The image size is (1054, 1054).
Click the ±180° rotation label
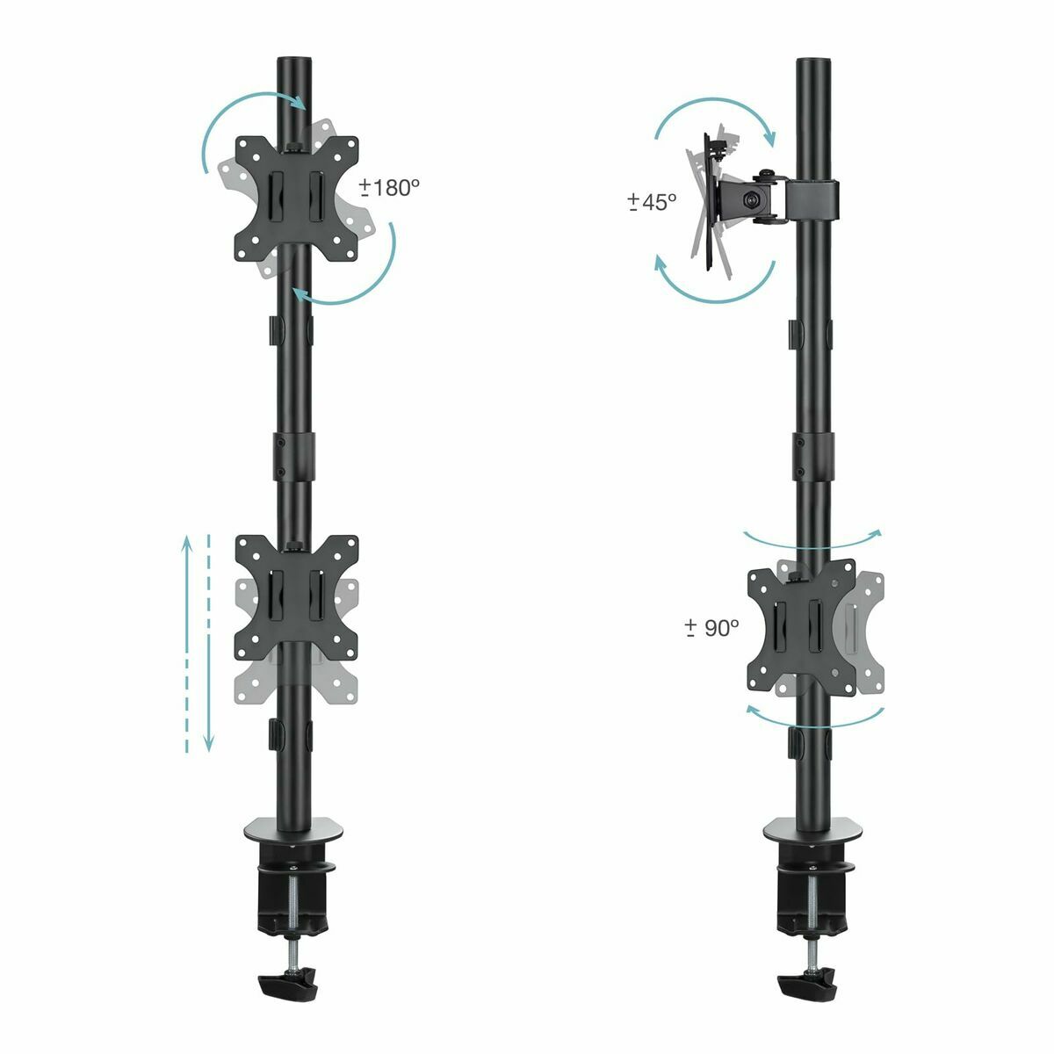(x=390, y=187)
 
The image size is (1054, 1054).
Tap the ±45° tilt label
(x=652, y=201)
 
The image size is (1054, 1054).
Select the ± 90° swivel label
(x=711, y=627)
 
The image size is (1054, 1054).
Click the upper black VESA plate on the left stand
(x=297, y=199)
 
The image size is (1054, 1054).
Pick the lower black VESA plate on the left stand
(x=297, y=597)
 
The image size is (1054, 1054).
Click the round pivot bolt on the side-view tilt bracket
(x=753, y=200)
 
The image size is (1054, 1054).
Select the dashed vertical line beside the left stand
(x=209, y=641)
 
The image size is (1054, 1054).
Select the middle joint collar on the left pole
(x=292, y=451)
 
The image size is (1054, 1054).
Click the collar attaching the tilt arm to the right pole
(x=812, y=199)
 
